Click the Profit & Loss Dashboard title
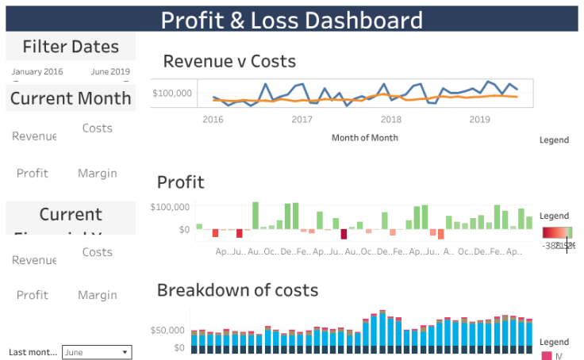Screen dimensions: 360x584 click(x=291, y=20)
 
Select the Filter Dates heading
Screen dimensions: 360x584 click(x=71, y=47)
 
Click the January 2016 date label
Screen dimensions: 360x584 click(x=37, y=71)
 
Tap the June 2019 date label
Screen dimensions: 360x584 click(x=110, y=71)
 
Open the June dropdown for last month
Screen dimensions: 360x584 click(x=97, y=352)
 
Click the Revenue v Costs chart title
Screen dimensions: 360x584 click(x=229, y=61)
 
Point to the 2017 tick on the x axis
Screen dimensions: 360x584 click(x=302, y=119)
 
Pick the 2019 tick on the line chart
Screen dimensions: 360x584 click(x=479, y=119)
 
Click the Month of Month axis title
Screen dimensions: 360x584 click(x=364, y=137)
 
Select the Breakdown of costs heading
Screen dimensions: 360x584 click(x=237, y=289)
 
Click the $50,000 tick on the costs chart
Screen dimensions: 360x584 click(x=169, y=329)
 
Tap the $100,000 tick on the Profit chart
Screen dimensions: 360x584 click(x=170, y=207)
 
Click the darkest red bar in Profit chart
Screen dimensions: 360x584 click(x=344, y=233)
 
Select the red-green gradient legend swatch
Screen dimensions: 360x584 click(x=557, y=232)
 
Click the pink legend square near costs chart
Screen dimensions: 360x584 click(x=546, y=356)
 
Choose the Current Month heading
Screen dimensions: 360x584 click(x=71, y=98)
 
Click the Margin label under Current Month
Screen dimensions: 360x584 click(x=98, y=173)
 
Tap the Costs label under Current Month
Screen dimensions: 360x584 click(x=98, y=128)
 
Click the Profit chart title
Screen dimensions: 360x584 click(x=180, y=182)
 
